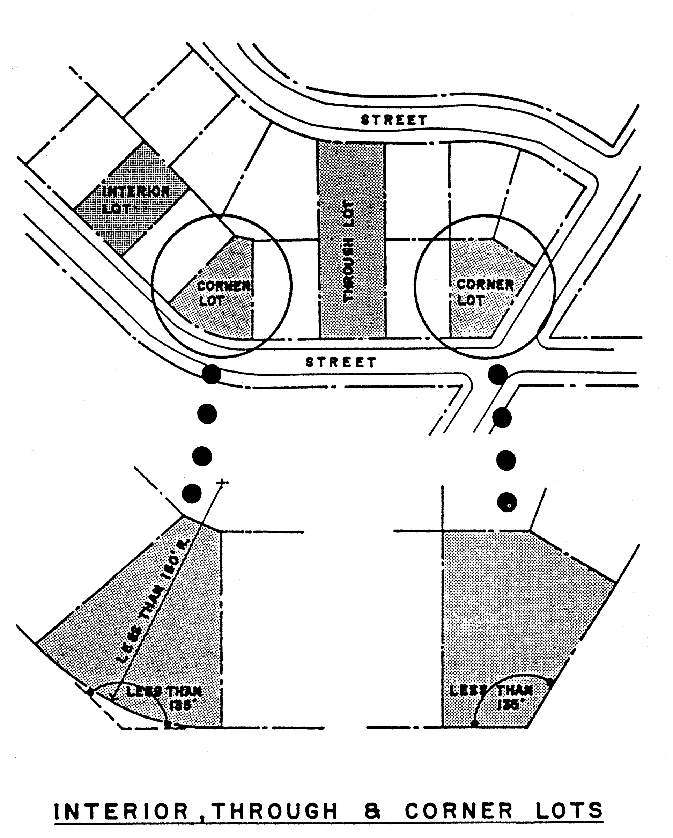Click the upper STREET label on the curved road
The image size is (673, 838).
(394, 119)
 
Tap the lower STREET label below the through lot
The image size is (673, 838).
(341, 362)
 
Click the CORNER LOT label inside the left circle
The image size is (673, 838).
(222, 293)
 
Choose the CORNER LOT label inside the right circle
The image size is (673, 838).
(484, 292)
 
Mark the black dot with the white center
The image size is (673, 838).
(507, 502)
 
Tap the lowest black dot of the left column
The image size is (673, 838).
(192, 494)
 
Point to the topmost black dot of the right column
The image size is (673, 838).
(498, 374)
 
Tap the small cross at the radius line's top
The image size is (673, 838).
(222, 482)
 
